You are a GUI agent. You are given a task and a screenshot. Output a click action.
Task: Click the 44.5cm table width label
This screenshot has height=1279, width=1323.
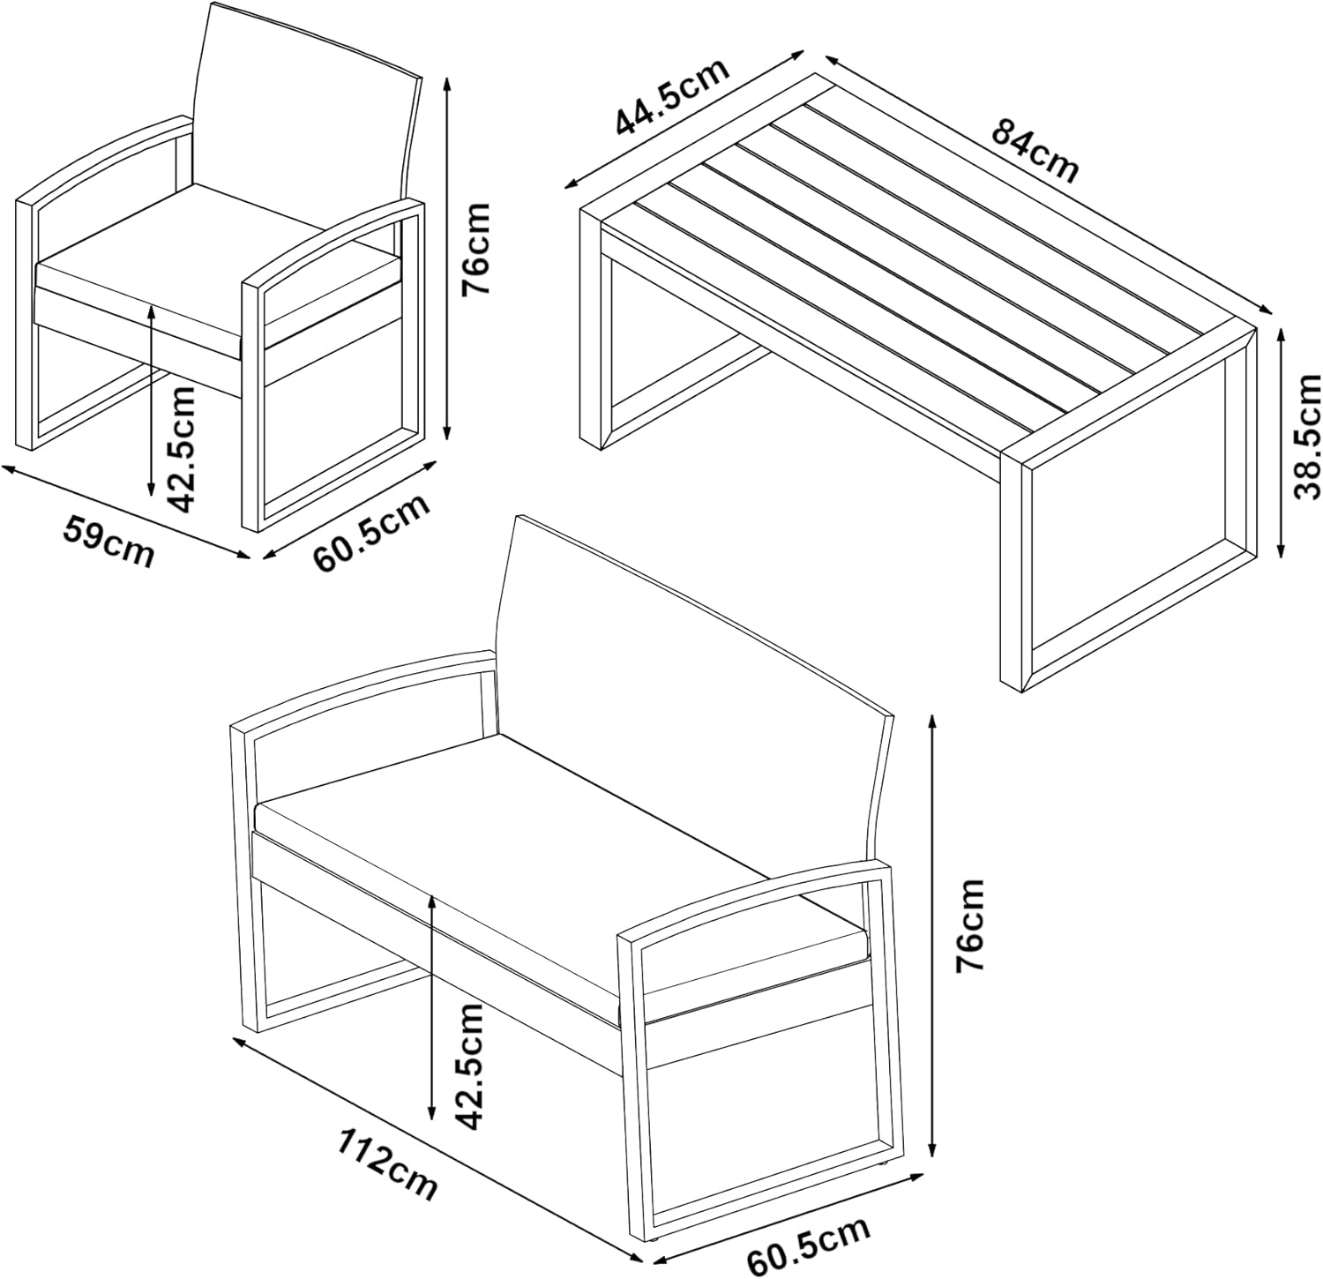pyautogui.click(x=673, y=97)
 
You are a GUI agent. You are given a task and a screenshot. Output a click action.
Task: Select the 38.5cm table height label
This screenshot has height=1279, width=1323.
pyautogui.click(x=1307, y=437)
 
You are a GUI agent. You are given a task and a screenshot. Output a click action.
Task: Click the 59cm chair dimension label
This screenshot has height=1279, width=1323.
pyautogui.click(x=108, y=542)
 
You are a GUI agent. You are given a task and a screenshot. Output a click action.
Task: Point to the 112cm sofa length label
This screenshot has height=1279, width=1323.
pyautogui.click(x=387, y=1163)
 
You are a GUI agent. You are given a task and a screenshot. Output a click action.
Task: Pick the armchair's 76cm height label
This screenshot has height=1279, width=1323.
pyautogui.click(x=475, y=249)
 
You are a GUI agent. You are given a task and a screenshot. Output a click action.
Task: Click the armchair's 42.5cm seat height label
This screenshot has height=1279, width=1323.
pyautogui.click(x=182, y=450)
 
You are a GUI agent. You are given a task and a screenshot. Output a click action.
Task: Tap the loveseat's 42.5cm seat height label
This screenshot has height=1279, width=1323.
pyautogui.click(x=467, y=1066)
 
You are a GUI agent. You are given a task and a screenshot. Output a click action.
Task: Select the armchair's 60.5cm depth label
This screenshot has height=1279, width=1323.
pyautogui.click(x=372, y=534)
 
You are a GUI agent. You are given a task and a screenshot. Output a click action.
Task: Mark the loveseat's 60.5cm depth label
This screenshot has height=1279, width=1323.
pyautogui.click(x=809, y=1244)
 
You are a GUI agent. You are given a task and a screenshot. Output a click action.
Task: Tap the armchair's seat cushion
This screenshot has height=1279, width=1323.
pyautogui.click(x=216, y=265)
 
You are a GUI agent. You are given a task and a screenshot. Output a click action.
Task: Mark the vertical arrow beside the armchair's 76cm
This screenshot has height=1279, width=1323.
pyautogui.click(x=448, y=258)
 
